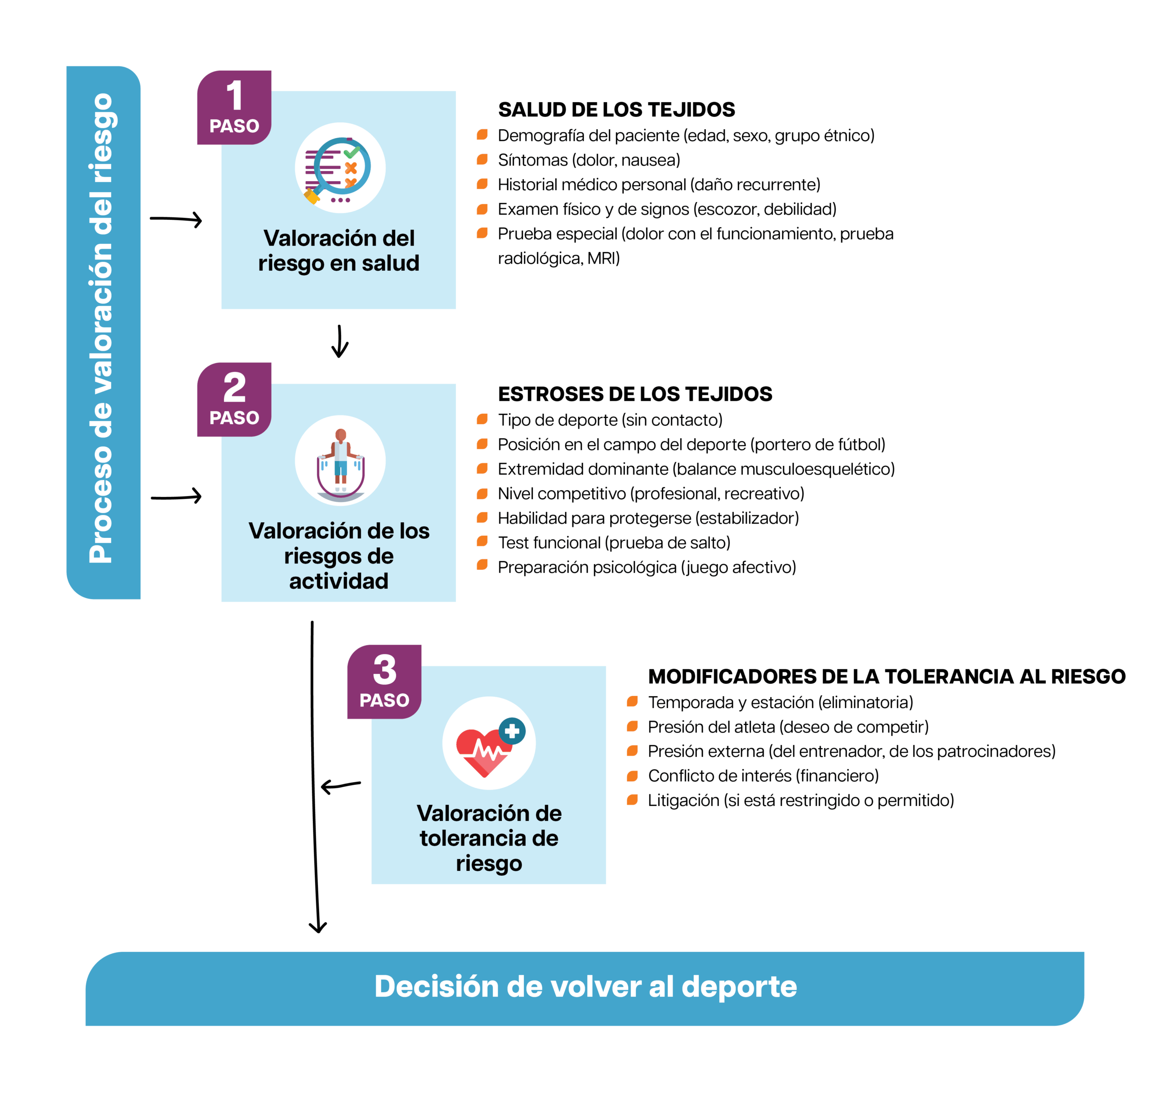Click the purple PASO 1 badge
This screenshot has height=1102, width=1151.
pyautogui.click(x=234, y=108)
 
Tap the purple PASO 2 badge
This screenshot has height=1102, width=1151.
pyautogui.click(x=234, y=399)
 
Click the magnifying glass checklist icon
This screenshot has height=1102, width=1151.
pyautogui.click(x=340, y=168)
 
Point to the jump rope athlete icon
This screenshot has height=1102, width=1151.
pyautogui.click(x=340, y=461)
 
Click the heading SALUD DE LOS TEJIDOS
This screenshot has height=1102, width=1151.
pyautogui.click(x=616, y=110)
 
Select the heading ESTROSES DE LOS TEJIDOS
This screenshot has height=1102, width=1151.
pyautogui.click(x=635, y=394)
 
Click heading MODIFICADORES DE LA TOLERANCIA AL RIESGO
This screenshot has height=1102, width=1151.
pyautogui.click(x=886, y=676)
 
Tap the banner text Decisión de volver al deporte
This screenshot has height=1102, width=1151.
pyautogui.click(x=585, y=987)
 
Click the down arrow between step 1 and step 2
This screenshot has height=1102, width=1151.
pyautogui.click(x=339, y=342)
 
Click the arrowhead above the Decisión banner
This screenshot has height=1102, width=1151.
pyautogui.click(x=318, y=927)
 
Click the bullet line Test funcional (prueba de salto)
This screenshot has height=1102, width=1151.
pyautogui.click(x=614, y=543)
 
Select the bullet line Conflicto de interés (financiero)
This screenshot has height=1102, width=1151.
pyautogui.click(x=763, y=776)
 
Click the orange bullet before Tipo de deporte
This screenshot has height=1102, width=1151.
pyautogui.click(x=482, y=419)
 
